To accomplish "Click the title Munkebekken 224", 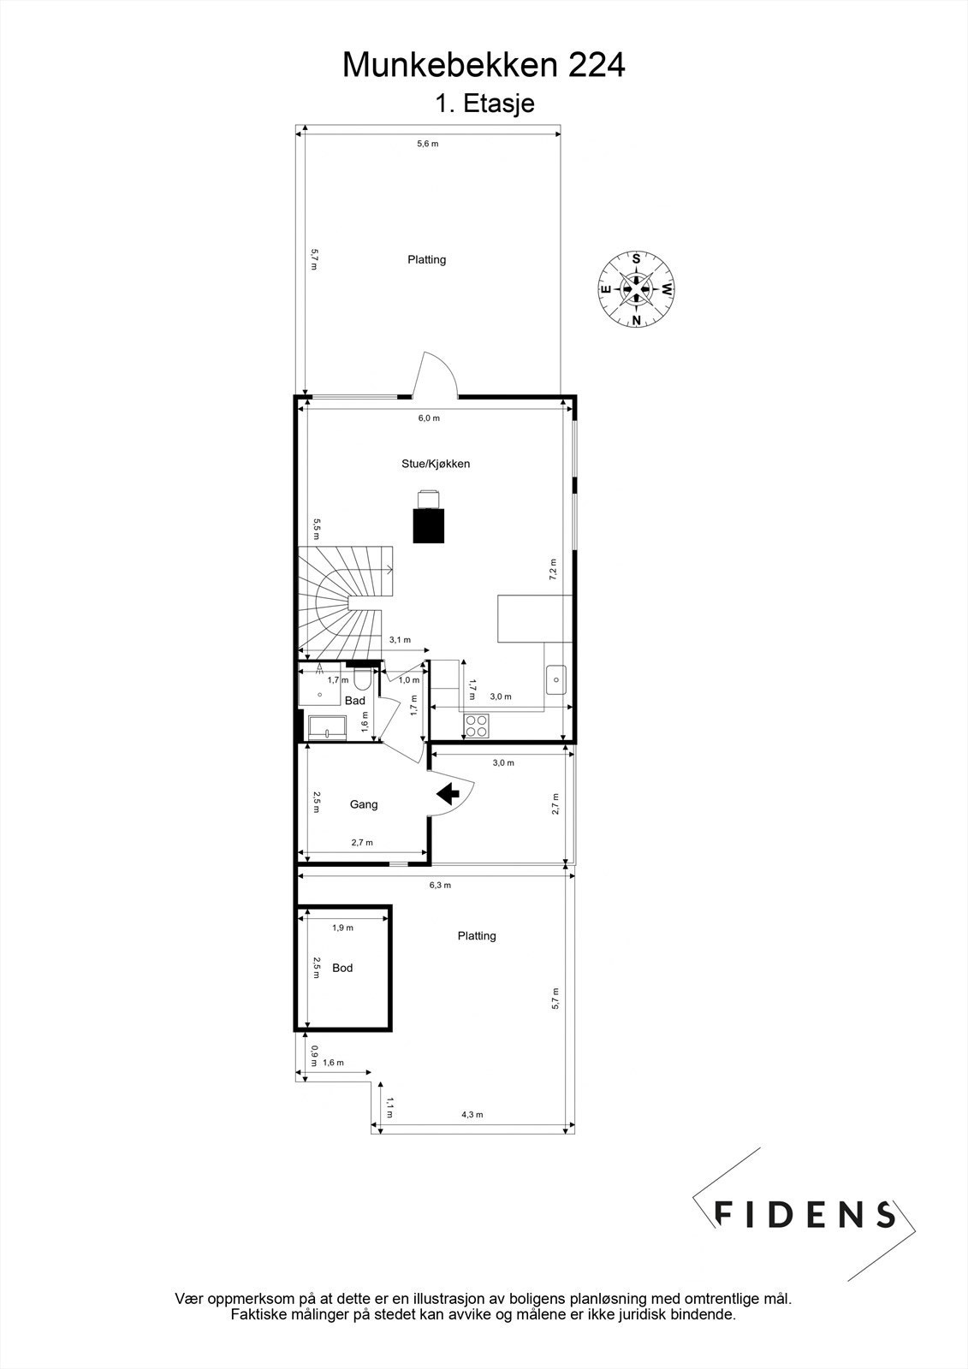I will (x=484, y=65).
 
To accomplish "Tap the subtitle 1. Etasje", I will (x=484, y=104).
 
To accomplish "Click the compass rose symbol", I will (x=636, y=288).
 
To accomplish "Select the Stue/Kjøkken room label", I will (x=436, y=464).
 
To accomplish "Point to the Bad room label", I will (x=355, y=701).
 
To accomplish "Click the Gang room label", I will (x=364, y=804).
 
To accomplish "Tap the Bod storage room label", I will (x=342, y=968).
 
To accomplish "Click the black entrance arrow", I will (x=448, y=794).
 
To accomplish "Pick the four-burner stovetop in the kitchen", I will (x=477, y=726).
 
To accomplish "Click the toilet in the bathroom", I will (x=362, y=679).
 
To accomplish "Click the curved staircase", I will (x=342, y=599).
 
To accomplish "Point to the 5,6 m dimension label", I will (x=427, y=144).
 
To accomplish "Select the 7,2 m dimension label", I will (x=553, y=569).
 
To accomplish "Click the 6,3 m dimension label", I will (x=440, y=885).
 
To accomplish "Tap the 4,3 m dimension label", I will (x=472, y=1115).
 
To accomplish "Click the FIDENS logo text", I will (x=804, y=1214).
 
